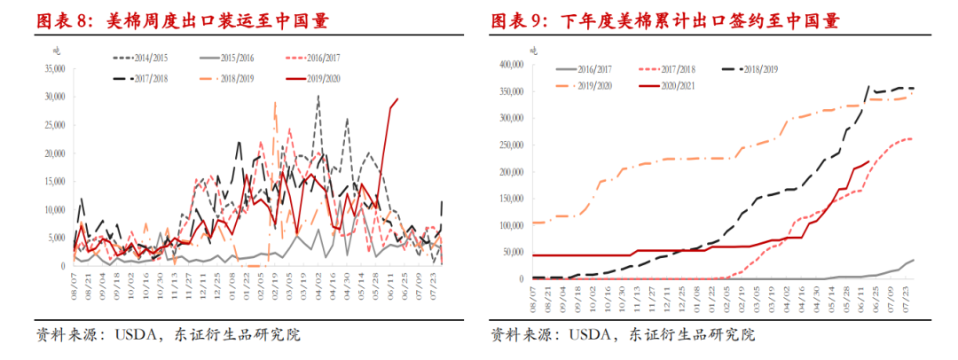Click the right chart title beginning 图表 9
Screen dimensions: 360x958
tap(664, 20)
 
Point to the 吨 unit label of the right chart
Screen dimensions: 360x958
tap(534, 51)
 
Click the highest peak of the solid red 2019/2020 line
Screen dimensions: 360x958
tap(397, 98)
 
